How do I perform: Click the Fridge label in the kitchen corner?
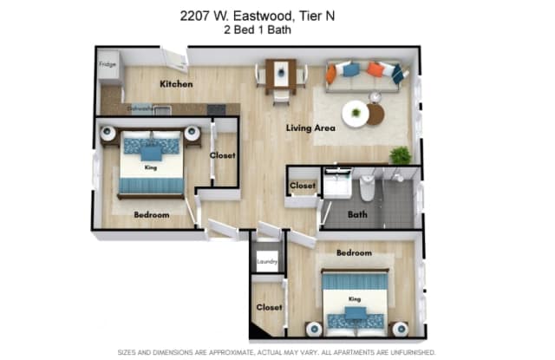[x=107, y=64]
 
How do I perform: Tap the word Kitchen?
[x=176, y=84]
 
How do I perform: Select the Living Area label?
[x=310, y=128]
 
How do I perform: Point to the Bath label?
[x=357, y=213]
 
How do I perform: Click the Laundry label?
[x=266, y=263]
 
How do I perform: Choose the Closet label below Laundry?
[x=267, y=307]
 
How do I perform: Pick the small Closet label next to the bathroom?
[x=303, y=186]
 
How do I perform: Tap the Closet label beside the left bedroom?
[x=223, y=157]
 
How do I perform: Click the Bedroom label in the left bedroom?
[x=151, y=214]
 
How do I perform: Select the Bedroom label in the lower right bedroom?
[x=354, y=253]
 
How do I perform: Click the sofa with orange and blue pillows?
[x=363, y=72]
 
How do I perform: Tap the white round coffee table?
[x=355, y=113]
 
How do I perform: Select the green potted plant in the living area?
[x=400, y=155]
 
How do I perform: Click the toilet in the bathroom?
[x=368, y=185]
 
